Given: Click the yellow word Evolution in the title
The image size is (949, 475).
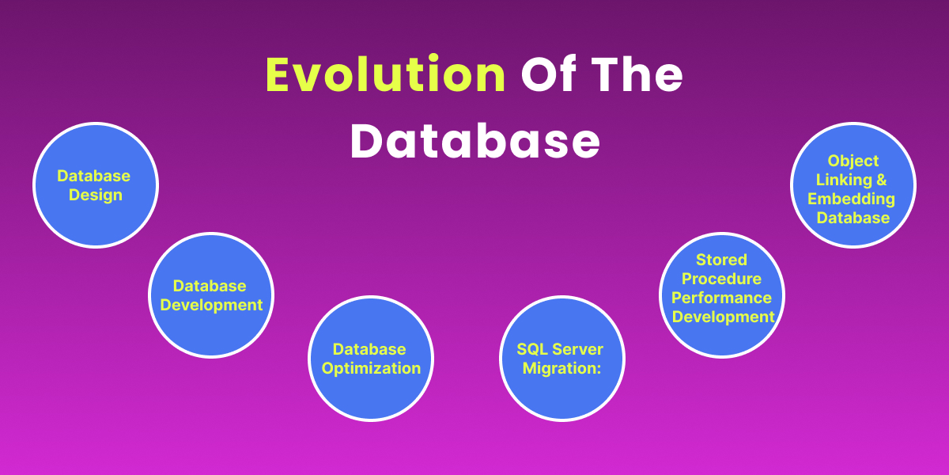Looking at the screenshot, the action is coord(386,74).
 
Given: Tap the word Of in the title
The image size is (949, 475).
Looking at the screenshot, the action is coord(549,74).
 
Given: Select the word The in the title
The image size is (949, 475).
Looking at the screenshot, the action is coord(637,74).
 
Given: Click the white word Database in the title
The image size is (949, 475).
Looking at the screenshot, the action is coord(475,140).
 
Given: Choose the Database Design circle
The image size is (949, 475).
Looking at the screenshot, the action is coord(96,185).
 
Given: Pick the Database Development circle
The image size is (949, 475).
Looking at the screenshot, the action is coord(211,295).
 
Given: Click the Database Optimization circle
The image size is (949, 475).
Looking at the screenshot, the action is coord(371,359).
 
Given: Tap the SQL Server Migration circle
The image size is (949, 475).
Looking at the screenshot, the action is coord(562,359).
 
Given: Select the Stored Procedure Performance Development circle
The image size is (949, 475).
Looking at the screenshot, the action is coord(722,295).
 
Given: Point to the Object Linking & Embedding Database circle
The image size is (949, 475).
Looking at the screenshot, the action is coord(853,185).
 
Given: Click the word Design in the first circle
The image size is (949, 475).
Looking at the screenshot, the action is coord(96,195).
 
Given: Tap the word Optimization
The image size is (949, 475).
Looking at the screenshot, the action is coord(371,368).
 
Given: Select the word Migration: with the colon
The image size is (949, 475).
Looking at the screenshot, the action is coord(561,368).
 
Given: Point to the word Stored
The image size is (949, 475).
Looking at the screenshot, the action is coord(721,260).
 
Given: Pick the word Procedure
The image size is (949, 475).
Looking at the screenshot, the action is coord(721,279).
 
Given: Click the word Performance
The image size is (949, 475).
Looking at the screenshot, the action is coord(721,298).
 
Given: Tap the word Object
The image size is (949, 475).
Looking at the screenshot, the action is coord(853,161).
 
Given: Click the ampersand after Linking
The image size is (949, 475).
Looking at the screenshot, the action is coord(882,180).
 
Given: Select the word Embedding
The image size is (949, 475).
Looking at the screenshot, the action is coord(851,199).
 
